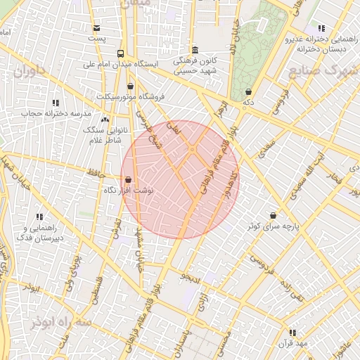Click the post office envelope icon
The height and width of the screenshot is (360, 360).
[x=96, y=28]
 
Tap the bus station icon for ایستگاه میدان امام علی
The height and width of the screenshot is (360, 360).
[x=121, y=53]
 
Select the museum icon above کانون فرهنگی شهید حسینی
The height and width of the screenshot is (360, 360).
[x=195, y=50]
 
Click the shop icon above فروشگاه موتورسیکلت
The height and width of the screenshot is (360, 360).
[x=130, y=86]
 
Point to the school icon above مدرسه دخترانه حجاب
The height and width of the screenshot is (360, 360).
[x=56, y=103]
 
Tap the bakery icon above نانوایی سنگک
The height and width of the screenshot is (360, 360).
[x=105, y=120]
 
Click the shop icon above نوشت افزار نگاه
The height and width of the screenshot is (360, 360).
[x=127, y=179]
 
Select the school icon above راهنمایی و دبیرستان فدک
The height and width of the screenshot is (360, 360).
[x=39, y=217]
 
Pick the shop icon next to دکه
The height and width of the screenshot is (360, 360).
[x=249, y=92]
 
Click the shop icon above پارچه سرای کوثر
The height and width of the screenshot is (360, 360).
[x=273, y=215]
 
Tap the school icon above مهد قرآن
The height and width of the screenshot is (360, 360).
[x=292, y=332]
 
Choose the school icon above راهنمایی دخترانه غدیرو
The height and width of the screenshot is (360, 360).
[x=321, y=28]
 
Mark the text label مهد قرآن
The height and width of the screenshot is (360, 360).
[x=293, y=342]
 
